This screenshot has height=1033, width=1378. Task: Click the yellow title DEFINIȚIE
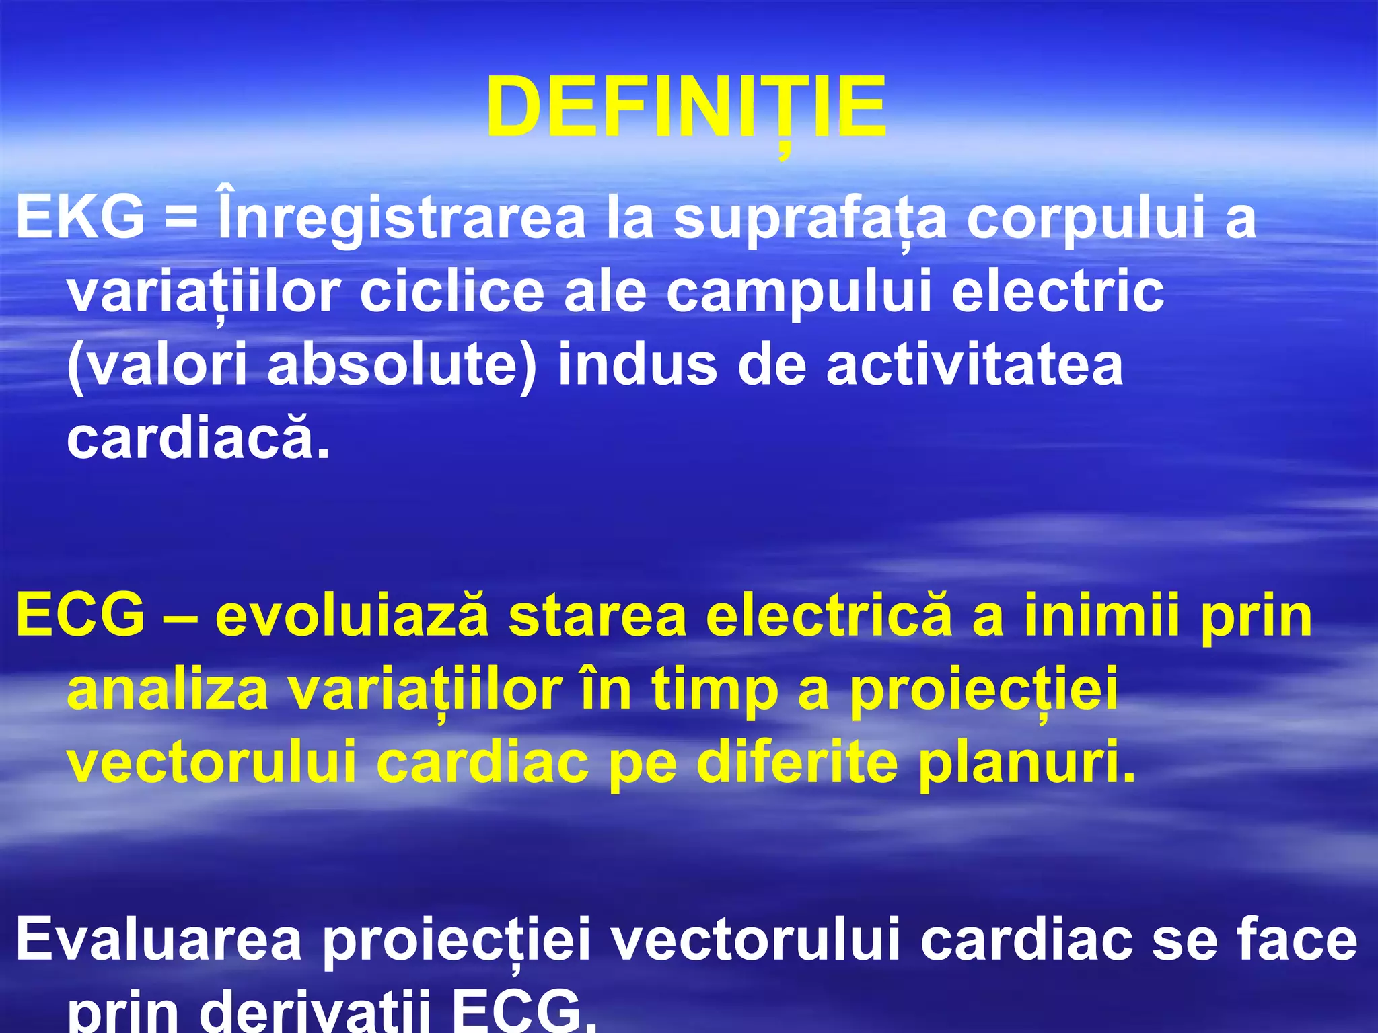686,108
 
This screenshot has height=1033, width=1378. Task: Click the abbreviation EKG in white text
80,219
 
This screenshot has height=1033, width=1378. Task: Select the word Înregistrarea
402,219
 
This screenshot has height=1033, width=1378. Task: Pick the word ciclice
451,293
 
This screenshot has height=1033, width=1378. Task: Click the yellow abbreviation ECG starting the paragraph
80,615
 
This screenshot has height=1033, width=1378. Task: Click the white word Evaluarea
159,940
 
